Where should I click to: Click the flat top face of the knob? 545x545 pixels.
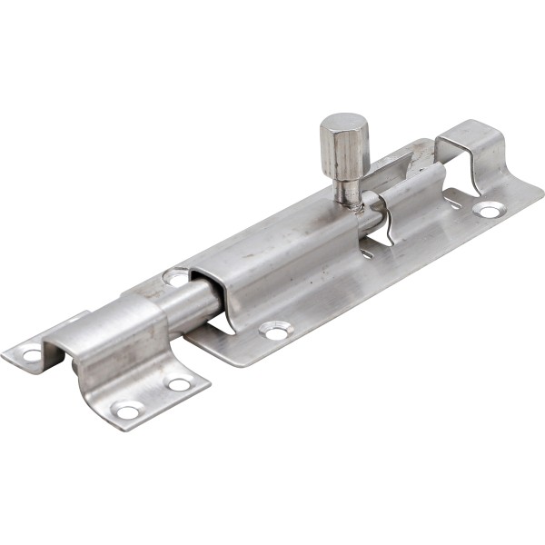click(x=342, y=123)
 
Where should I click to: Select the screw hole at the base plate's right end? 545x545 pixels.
click(x=489, y=211)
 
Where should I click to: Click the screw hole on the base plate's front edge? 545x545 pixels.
click(x=273, y=331)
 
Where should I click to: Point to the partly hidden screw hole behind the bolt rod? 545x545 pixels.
click(x=175, y=276)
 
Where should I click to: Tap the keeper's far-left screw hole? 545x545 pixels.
click(x=33, y=354)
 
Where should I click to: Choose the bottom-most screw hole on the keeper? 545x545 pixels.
click(x=127, y=411)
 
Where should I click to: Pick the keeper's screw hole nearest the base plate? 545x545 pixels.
click(x=179, y=384)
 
